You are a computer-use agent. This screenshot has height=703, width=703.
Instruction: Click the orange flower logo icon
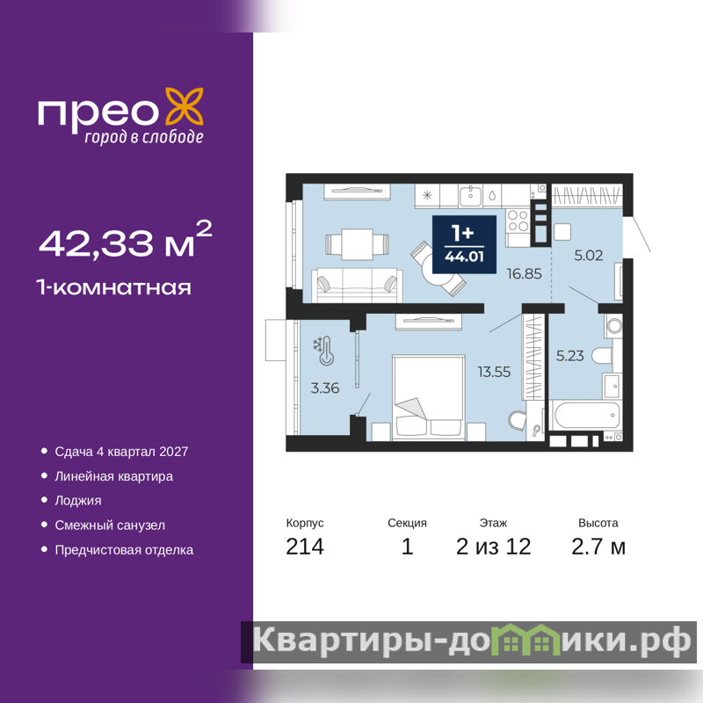pyautogui.click(x=185, y=106)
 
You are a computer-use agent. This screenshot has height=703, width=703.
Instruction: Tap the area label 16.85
pyautogui.click(x=524, y=273)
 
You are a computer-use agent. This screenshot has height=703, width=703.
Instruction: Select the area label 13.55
pyautogui.click(x=494, y=372)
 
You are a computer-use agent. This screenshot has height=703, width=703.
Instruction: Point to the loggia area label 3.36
pyautogui.click(x=325, y=388)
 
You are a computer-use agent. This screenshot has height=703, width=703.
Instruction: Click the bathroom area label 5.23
pyautogui.click(x=569, y=356)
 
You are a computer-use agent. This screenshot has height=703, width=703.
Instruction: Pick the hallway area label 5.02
pyautogui.click(x=589, y=256)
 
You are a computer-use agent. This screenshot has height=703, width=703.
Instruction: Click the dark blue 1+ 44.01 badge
pyautogui.click(x=464, y=244)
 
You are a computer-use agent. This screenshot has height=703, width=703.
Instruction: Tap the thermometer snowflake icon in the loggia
pyautogui.click(x=323, y=351)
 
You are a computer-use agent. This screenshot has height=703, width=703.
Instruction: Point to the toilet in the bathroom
pyautogui.click(x=602, y=356)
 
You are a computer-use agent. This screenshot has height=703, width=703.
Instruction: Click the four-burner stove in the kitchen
pyautogui.click(x=518, y=221)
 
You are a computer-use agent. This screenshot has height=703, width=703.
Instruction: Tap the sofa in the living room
pyautogui.click(x=357, y=285)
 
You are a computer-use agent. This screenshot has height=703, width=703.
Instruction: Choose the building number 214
pyautogui.click(x=305, y=547)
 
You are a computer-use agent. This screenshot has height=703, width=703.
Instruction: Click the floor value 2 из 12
pyautogui.click(x=494, y=547)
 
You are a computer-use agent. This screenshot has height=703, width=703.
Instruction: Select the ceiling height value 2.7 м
pyautogui.click(x=598, y=547)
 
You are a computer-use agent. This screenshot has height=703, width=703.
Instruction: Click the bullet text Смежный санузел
pyautogui.click(x=110, y=525)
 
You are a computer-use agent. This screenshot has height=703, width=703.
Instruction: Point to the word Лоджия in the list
pyautogui.click(x=78, y=500)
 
